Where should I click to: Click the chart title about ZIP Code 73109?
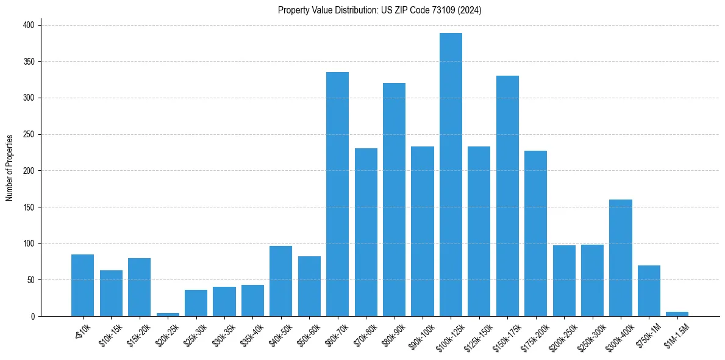pyautogui.click(x=379, y=10)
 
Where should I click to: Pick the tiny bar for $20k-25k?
pyautogui.click(x=168, y=314)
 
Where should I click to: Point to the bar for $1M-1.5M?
pyautogui.click(x=677, y=314)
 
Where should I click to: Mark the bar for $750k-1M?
pyautogui.click(x=649, y=290)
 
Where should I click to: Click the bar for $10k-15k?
pyautogui.click(x=111, y=293)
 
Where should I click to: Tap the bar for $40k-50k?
pyautogui.click(x=281, y=281)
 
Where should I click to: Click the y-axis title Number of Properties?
pyautogui.click(x=10, y=167)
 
